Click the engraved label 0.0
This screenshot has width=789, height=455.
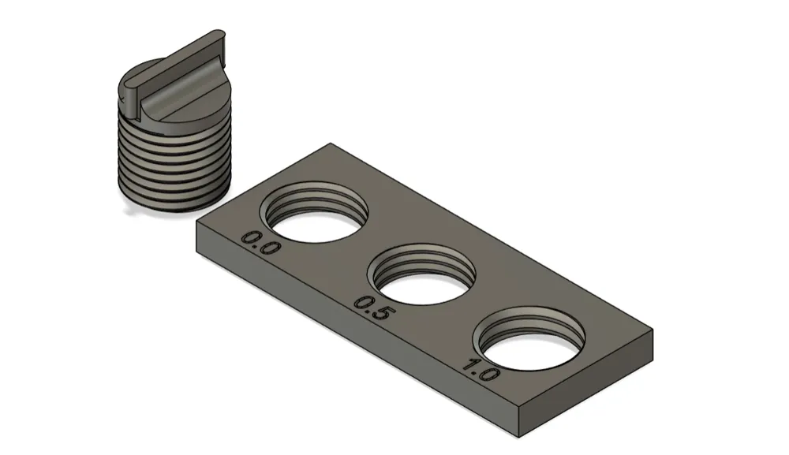[x=259, y=243]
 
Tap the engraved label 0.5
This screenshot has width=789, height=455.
[x=372, y=308]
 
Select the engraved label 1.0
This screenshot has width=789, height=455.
[x=480, y=371]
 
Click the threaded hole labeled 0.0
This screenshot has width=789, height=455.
[x=313, y=212]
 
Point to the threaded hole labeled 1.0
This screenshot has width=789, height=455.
[x=530, y=338]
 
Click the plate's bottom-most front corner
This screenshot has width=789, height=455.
[x=520, y=437]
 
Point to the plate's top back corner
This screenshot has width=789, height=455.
[x=331, y=144]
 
